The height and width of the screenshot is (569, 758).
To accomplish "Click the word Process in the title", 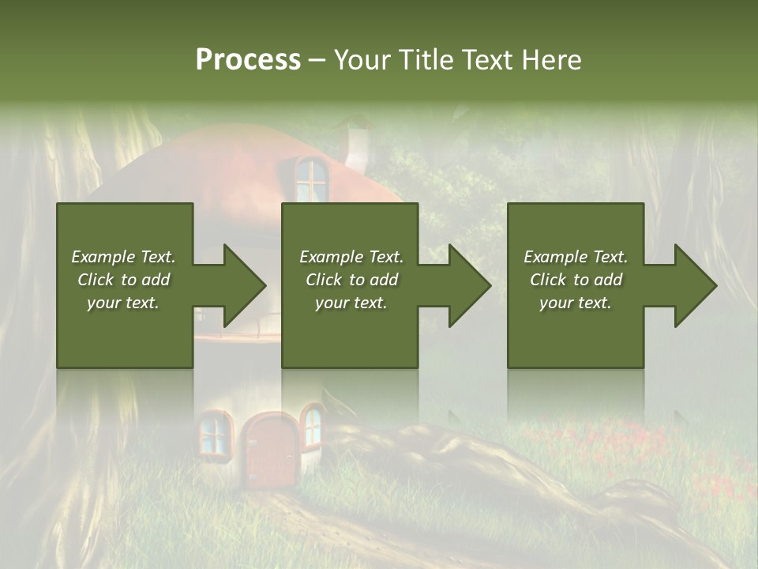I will point(248,60).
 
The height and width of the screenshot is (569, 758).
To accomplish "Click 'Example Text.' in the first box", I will point(123,257).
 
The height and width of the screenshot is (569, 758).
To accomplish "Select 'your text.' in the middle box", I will point(351,303).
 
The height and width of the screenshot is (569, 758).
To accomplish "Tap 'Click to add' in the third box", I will point(576,280).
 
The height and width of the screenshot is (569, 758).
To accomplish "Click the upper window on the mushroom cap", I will point(312,179).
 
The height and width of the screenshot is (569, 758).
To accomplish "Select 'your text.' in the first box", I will point(123,303).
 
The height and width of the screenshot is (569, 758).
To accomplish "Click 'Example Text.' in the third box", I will point(576,257).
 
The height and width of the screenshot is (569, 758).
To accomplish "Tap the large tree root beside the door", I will point(442,458).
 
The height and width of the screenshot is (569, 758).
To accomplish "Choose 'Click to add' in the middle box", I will point(351,280).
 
